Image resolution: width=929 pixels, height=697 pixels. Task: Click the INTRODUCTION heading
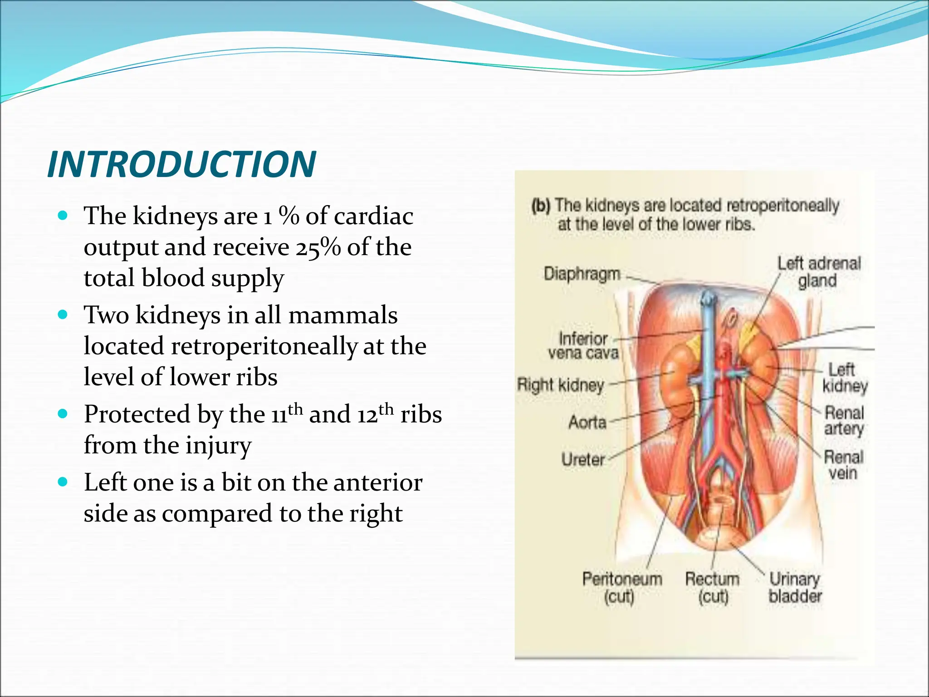(181, 164)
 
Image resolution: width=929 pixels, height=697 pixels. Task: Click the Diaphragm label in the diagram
(582, 274)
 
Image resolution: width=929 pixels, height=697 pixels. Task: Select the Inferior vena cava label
(583, 346)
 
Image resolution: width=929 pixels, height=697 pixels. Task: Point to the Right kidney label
(561, 386)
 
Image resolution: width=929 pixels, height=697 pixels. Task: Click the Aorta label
(587, 422)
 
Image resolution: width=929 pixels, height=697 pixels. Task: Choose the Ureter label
(583, 460)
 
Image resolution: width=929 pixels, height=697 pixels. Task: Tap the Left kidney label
(845, 378)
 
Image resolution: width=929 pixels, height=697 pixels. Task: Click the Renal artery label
(844, 421)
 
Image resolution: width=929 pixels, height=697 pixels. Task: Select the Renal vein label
(843, 465)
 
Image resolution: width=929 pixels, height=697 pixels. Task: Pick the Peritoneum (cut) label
(622, 588)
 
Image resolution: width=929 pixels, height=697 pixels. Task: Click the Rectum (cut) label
(712, 588)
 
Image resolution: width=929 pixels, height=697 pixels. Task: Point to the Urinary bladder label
(795, 588)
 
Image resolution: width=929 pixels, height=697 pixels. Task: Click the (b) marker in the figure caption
(541, 206)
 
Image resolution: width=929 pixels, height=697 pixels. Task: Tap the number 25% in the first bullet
(318, 248)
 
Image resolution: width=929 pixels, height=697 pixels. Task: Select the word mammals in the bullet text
(343, 315)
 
